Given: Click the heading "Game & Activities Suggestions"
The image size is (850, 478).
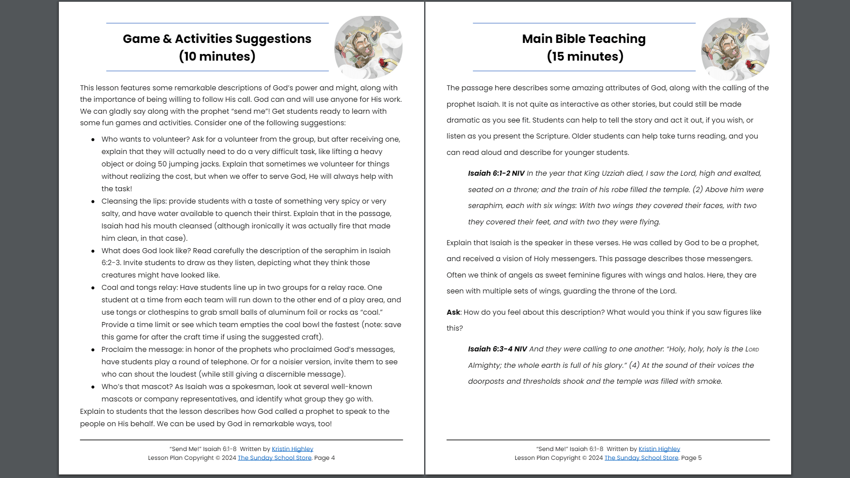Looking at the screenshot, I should click(217, 39).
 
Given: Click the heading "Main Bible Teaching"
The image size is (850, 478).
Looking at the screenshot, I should click(583, 39).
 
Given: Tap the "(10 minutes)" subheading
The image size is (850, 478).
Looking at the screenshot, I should click(217, 57).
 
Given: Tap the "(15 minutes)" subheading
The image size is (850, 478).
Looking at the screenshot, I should click(585, 57).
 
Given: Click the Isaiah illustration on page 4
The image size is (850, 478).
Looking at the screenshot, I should click(368, 47).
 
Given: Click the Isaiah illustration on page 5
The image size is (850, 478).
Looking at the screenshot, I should click(735, 48).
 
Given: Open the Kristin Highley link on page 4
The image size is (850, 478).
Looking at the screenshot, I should click(292, 449).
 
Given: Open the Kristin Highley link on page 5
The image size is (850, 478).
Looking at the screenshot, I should click(659, 449).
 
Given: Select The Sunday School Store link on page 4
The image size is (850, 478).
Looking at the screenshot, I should click(274, 458).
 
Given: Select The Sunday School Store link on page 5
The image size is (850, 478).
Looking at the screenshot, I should click(641, 458).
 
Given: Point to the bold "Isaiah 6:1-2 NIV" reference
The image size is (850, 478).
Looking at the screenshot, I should click(496, 173).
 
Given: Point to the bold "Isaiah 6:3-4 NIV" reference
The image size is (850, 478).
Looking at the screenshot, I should click(497, 349).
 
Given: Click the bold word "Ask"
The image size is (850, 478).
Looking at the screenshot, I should click(453, 312).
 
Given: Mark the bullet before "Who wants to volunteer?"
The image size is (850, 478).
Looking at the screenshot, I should click(93, 139).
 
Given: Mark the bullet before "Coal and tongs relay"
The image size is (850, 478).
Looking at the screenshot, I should click(93, 288).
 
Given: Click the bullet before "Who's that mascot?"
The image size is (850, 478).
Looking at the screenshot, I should click(93, 387).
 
